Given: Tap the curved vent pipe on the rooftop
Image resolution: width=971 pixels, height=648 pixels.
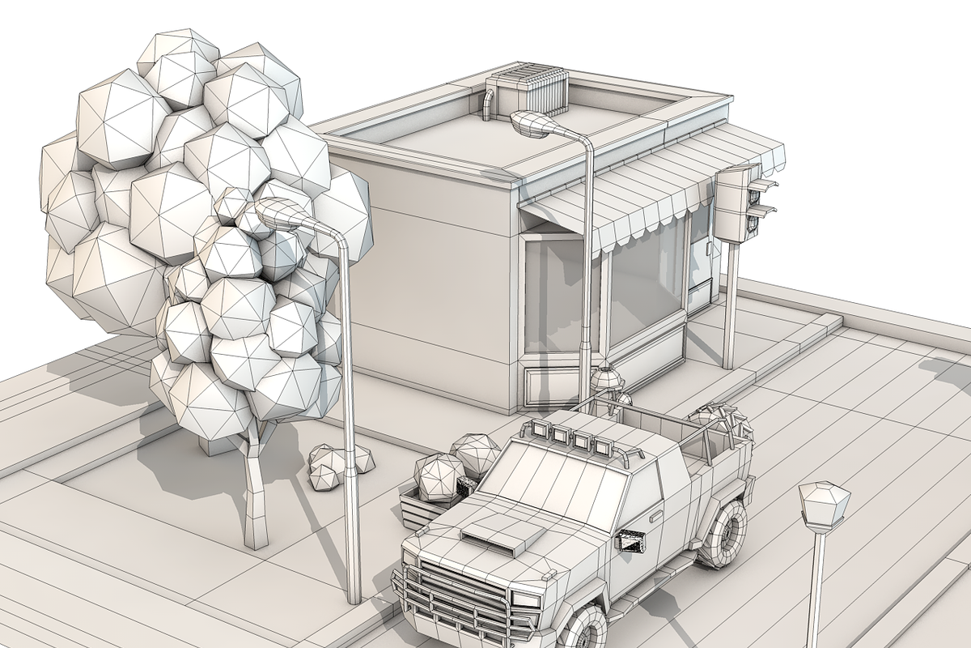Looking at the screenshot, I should click(488, 104).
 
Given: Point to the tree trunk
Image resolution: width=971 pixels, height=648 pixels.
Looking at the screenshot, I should click(256, 494).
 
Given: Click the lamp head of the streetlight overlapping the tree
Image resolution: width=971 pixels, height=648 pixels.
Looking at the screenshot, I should click(279, 215).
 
